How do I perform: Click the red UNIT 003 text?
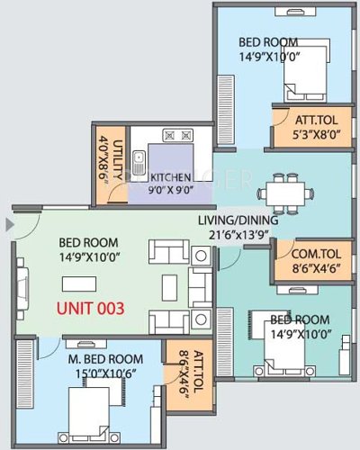tap(90, 307)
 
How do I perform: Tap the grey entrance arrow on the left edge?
tap(9, 222)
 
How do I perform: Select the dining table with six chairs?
tap(284, 192)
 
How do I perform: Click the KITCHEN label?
tap(172, 177)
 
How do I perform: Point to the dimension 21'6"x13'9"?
tap(238, 235)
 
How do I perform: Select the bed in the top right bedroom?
tap(301, 87)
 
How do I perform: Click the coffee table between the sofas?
tap(169, 286)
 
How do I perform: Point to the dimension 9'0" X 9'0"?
tap(172, 191)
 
